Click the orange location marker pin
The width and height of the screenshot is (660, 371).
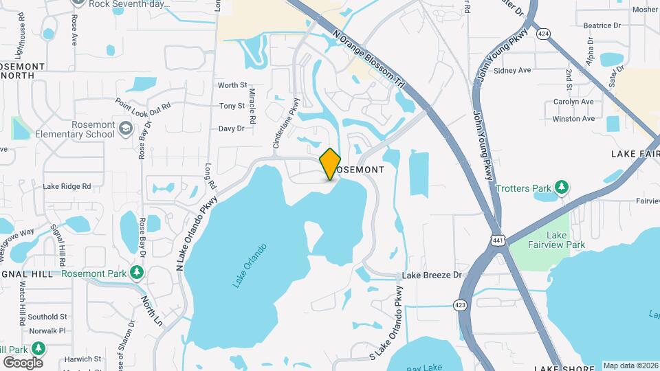(x=331, y=164)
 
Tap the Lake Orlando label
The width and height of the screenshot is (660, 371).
(x=250, y=266)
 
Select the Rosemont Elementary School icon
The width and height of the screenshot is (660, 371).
(x=126, y=128)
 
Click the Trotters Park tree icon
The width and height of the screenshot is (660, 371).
(x=562, y=187)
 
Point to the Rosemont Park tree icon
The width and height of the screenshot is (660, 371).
(x=137, y=273)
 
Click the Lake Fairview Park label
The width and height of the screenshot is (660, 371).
(x=547, y=240)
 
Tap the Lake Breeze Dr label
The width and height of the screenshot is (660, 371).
(x=432, y=275)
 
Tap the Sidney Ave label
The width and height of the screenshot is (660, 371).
(x=513, y=70)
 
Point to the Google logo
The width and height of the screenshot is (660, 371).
(x=23, y=362)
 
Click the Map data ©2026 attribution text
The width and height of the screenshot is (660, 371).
(x=630, y=366)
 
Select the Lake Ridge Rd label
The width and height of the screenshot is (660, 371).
(x=67, y=185)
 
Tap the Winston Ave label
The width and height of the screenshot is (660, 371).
(x=573, y=118)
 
